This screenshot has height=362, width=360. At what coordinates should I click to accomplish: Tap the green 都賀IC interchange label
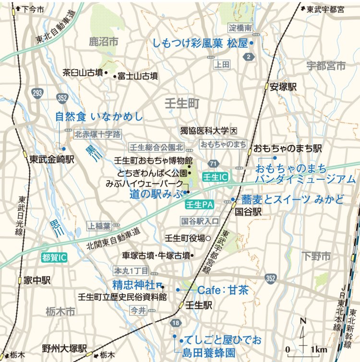[x=54, y=257]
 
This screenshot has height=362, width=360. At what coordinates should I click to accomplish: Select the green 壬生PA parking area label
[x=199, y=205]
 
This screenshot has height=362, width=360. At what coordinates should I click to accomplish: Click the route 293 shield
[x=38, y=92]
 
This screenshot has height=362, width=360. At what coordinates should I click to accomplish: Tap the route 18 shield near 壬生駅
[x=176, y=323]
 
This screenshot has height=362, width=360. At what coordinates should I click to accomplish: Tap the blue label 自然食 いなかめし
[x=99, y=117]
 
